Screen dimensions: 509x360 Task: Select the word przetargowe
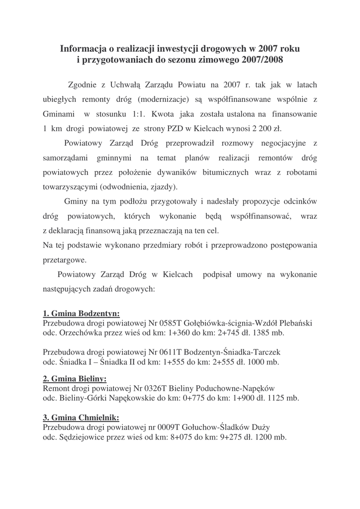click(x=65, y=260)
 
